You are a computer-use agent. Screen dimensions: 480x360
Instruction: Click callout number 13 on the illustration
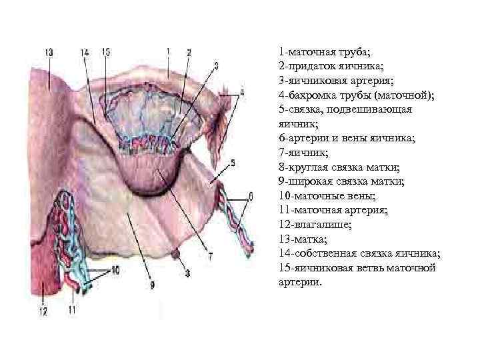tap(49, 52)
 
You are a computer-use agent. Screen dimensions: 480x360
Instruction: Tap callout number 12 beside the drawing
tap(42, 310)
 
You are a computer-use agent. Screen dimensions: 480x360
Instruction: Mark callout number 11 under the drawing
tap(72, 310)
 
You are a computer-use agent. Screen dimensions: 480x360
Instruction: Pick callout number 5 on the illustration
tap(232, 162)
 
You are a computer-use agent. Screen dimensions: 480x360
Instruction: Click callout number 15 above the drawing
tap(105, 52)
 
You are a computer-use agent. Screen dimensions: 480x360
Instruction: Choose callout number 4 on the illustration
tap(242, 91)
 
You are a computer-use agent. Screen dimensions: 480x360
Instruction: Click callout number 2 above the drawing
tap(189, 52)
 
